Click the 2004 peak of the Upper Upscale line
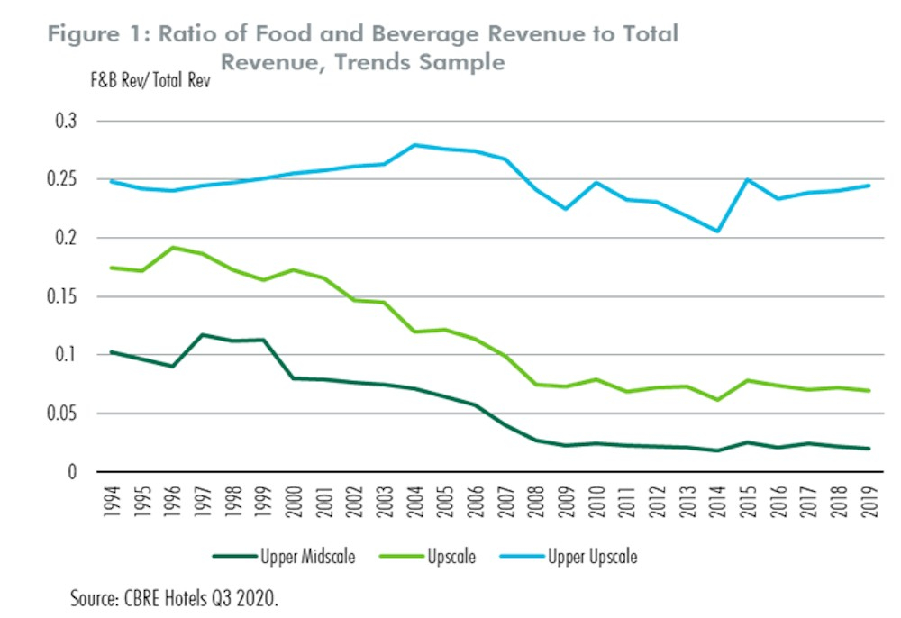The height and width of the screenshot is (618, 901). click(x=414, y=145)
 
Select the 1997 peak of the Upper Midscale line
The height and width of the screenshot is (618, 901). click(x=202, y=335)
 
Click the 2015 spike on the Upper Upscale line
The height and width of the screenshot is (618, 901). click(x=747, y=180)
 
